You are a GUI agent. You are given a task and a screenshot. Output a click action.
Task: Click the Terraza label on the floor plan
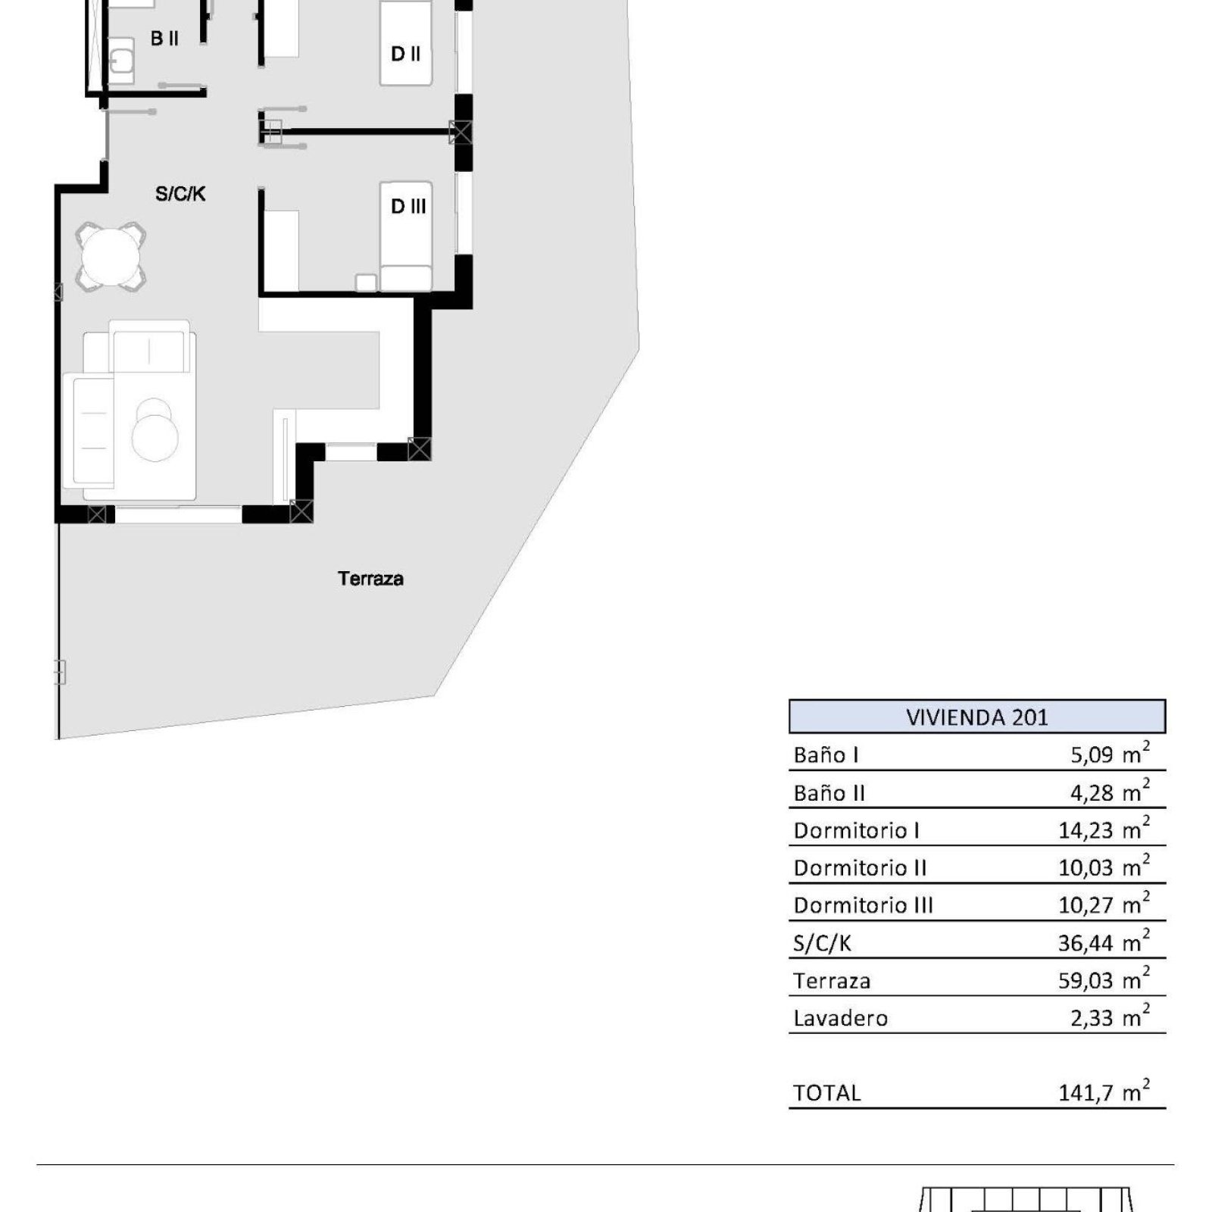coord(370,579)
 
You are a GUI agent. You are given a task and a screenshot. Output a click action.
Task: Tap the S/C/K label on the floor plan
coord(180,194)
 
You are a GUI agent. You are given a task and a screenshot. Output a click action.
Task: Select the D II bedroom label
coord(406,54)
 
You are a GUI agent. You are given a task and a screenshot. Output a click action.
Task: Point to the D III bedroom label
coord(408,206)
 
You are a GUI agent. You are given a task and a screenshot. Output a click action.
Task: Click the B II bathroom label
coord(164,38)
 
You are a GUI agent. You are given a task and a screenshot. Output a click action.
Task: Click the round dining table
coord(111,256)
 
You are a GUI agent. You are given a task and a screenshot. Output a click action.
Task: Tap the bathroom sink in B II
coord(121,60)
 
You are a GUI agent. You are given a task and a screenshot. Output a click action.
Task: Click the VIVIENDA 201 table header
coord(977,717)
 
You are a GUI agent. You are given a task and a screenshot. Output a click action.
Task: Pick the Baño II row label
coord(829,793)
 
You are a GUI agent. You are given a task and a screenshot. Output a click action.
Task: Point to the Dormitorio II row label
coord(861,868)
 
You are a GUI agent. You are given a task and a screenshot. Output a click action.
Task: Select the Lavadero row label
coord(841,1018)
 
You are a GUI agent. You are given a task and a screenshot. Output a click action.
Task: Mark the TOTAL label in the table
coord(827,1093)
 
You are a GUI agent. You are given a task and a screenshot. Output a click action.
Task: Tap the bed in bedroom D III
coord(406,236)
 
